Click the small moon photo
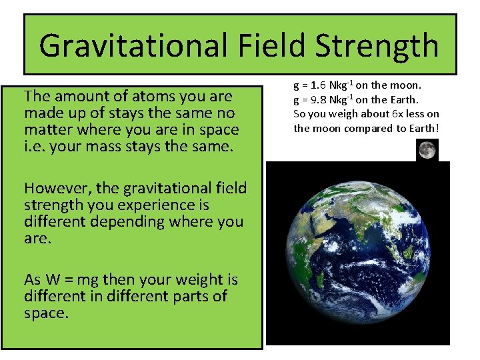tap(427, 150)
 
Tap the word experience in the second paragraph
tap(170, 205)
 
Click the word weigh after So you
tap(341, 114)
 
